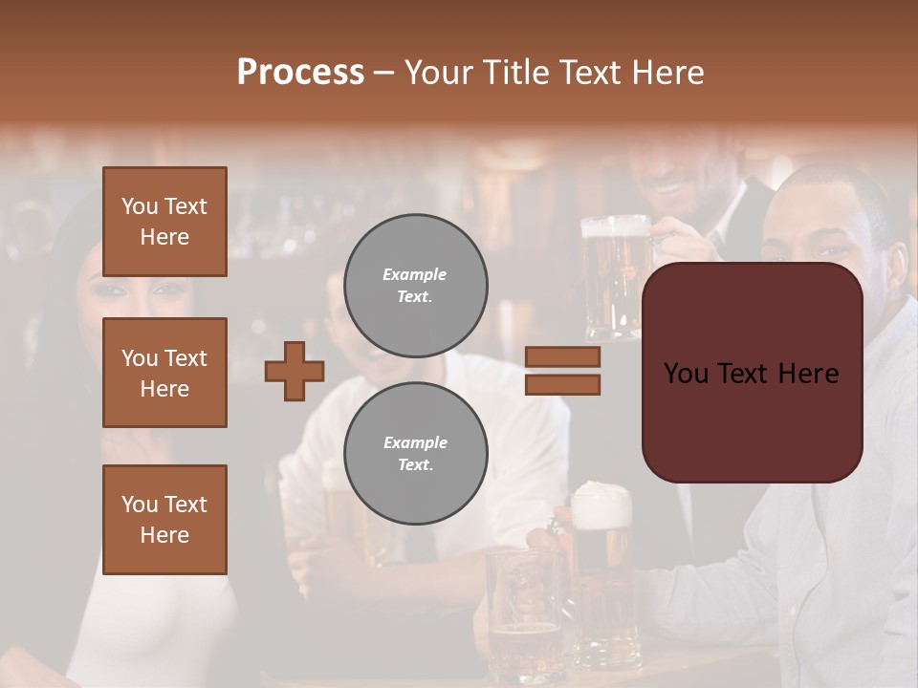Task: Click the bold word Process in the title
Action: click(x=300, y=73)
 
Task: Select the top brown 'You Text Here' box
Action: click(x=164, y=222)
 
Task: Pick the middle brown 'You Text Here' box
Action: click(x=164, y=373)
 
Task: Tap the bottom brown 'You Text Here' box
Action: click(x=164, y=520)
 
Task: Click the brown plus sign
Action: click(x=295, y=371)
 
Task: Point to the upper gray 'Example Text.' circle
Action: click(x=415, y=285)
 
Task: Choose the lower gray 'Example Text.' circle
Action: click(x=415, y=453)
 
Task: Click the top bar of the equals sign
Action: click(x=562, y=356)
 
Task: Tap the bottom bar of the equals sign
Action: click(x=562, y=384)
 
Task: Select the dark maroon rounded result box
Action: click(x=752, y=373)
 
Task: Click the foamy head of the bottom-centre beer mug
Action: click(x=601, y=503)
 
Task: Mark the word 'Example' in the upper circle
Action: click(x=414, y=274)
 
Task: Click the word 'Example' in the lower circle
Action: click(x=415, y=442)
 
